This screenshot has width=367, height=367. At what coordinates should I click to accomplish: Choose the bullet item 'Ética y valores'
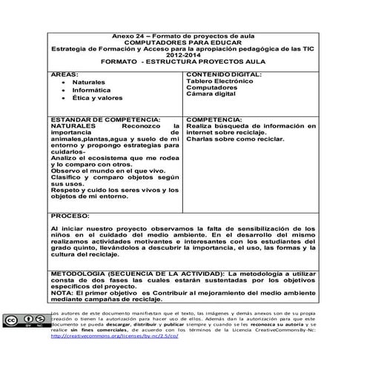[98, 98]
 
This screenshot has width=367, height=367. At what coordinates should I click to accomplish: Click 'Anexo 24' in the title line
[128, 36]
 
